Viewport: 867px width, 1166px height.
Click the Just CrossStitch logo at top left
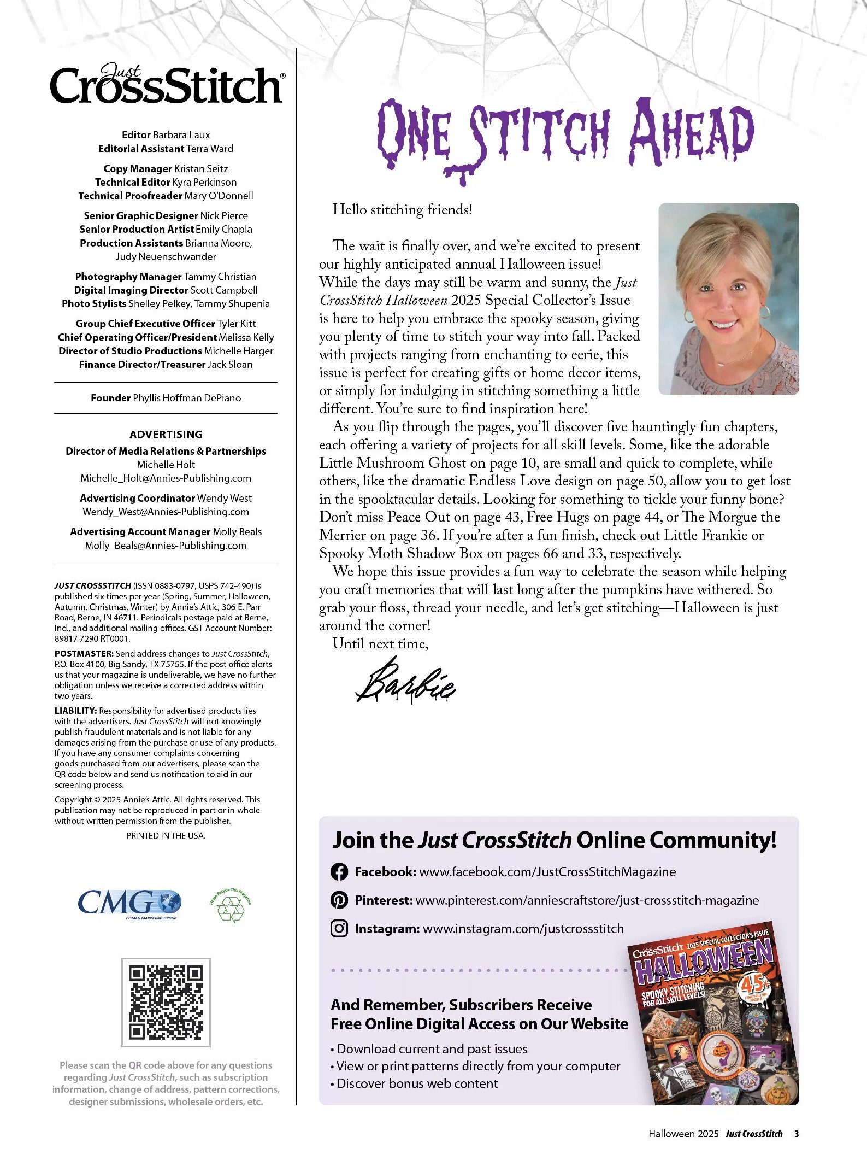167,84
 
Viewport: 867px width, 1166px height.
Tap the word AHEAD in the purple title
691,132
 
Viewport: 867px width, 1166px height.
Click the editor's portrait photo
728,298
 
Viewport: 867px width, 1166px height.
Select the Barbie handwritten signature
405,681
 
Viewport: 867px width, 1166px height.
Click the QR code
166,1002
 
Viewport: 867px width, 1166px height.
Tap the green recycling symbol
231,905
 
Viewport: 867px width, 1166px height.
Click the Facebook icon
339,871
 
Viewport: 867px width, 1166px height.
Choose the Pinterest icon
339,900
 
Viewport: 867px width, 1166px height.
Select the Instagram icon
339,928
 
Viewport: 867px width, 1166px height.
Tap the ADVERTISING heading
166,435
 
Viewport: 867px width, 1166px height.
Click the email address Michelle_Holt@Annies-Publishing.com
166,478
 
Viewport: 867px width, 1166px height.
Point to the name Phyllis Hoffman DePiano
186,398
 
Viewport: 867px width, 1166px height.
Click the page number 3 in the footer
796,1134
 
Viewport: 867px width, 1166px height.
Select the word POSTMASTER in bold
84,653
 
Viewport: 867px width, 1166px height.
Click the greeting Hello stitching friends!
402,210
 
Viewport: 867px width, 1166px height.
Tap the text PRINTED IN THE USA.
166,835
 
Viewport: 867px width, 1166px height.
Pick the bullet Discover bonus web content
417,1083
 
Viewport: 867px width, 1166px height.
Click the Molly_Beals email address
166,546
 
